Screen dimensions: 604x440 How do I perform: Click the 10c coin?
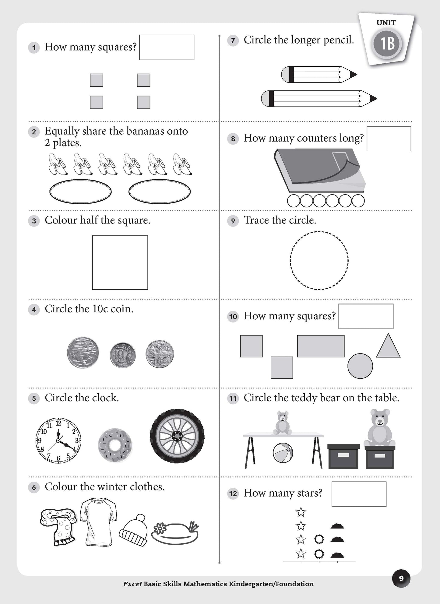(123, 355)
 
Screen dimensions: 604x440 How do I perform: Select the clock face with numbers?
(58, 440)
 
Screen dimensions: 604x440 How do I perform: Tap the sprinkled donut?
(115, 445)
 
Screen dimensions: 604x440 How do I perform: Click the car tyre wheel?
(177, 436)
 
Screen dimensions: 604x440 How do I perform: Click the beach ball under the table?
(283, 453)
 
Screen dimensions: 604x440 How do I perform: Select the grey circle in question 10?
(360, 366)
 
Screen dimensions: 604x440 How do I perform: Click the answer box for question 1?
(167, 47)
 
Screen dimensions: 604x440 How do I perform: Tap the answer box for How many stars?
(359, 494)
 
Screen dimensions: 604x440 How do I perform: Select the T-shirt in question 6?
(98, 521)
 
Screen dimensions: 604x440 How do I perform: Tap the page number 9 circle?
(401, 578)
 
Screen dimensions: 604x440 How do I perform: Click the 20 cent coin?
(83, 353)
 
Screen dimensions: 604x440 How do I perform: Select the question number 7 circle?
(233, 40)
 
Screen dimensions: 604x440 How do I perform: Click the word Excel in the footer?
(132, 584)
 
